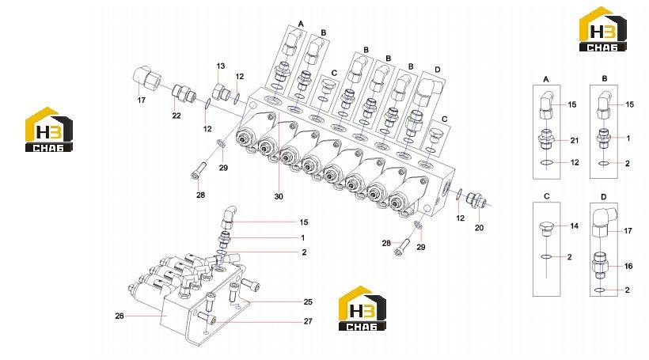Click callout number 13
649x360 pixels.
pyautogui.click(x=221, y=66)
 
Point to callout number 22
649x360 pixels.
pyautogui.click(x=176, y=116)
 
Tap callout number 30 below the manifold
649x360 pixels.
pyautogui.click(x=279, y=196)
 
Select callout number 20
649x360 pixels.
pyautogui.click(x=479, y=228)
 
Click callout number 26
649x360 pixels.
pyautogui.click(x=120, y=316)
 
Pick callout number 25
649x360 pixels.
pyautogui.click(x=308, y=302)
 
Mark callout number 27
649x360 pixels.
pyautogui.click(x=308, y=321)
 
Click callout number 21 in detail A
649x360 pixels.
pyautogui.click(x=575, y=141)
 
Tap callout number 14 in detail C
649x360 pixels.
pyautogui.click(x=574, y=226)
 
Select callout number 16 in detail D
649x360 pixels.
pyautogui.click(x=628, y=267)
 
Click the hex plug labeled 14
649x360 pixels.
pyautogui.click(x=546, y=229)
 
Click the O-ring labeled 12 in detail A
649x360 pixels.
pyautogui.click(x=547, y=163)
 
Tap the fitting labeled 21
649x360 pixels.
pyautogui.click(x=547, y=141)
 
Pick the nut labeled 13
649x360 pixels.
pyautogui.click(x=221, y=92)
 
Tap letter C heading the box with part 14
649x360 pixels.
pyautogui.click(x=546, y=196)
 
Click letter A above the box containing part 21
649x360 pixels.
pyautogui.click(x=546, y=79)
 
